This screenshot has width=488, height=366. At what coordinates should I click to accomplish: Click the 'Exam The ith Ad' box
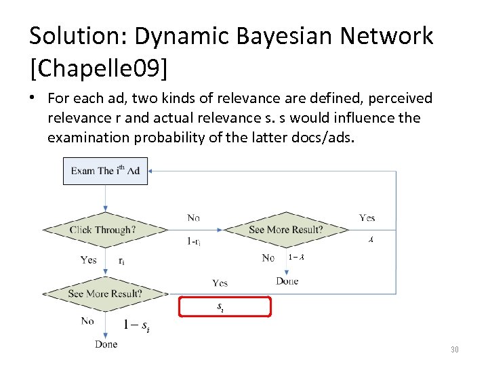105,171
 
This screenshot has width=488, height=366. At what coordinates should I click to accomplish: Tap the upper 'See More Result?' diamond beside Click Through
285,230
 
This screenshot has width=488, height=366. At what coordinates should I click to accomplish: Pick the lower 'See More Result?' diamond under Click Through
105,293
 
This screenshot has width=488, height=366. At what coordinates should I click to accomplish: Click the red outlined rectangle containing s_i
224,307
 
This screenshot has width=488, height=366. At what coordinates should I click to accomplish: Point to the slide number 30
454,350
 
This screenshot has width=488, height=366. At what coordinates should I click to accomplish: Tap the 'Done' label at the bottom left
106,344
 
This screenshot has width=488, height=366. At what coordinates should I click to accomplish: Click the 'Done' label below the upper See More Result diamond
287,281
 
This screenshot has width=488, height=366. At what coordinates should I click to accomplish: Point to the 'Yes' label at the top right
367,218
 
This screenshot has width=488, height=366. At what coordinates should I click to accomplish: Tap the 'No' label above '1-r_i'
193,218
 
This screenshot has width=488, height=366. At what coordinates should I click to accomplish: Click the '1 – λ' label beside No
296,257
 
